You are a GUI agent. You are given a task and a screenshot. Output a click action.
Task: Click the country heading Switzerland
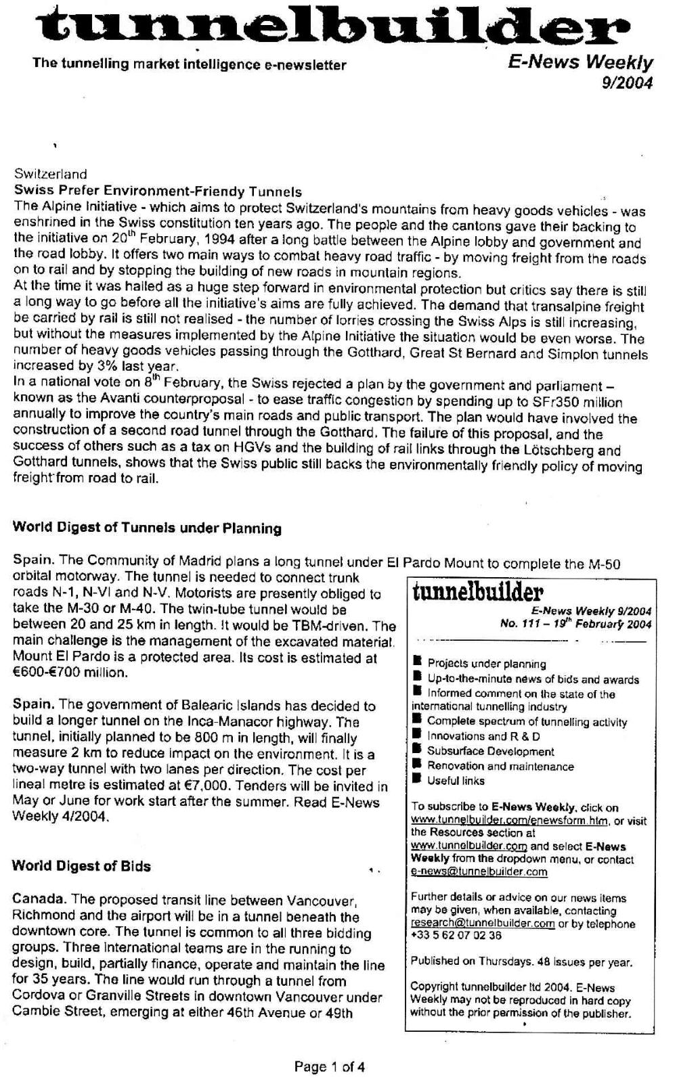pyautogui.click(x=51, y=175)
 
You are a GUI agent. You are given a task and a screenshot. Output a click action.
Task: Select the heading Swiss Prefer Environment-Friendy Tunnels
pyautogui.click(x=158, y=191)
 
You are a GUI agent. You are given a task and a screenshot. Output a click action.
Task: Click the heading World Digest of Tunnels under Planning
pyautogui.click(x=147, y=528)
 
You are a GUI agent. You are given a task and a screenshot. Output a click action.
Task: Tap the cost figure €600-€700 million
pyautogui.click(x=70, y=673)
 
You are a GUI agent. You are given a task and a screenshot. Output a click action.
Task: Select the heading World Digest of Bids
pyautogui.click(x=81, y=866)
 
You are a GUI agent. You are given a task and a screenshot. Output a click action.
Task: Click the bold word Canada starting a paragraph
pyautogui.click(x=39, y=900)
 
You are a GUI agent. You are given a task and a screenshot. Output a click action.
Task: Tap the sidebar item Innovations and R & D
pyautogui.click(x=483, y=736)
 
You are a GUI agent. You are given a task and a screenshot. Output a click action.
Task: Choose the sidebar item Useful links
pyautogui.click(x=456, y=781)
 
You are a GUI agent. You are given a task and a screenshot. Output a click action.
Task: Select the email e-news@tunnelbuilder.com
pyautogui.click(x=479, y=872)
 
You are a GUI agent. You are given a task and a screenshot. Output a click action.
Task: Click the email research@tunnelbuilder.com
pyautogui.click(x=483, y=924)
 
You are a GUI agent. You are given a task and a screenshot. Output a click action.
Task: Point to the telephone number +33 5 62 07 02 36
pyautogui.click(x=456, y=936)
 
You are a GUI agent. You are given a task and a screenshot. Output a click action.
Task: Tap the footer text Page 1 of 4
pyautogui.click(x=330, y=1067)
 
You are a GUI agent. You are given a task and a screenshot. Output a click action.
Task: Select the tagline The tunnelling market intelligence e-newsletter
pyautogui.click(x=190, y=65)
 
